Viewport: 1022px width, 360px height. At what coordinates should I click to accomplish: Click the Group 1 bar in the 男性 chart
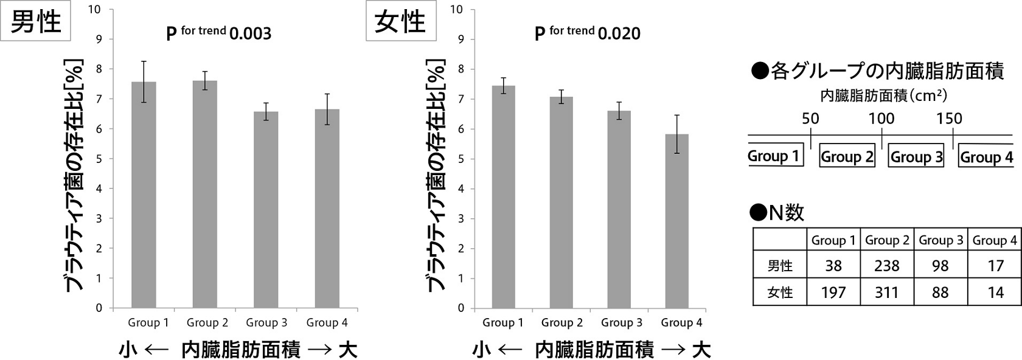pos(144,195)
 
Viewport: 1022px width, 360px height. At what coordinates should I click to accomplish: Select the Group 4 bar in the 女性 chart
pos(676,221)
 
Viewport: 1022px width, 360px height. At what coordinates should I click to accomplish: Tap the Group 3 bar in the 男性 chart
pos(266,210)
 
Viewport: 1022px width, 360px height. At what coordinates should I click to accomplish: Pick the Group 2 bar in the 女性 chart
pos(561,202)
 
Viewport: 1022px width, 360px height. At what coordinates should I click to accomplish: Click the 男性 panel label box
pos(35,21)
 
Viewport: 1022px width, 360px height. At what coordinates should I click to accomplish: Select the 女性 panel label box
pos(400,21)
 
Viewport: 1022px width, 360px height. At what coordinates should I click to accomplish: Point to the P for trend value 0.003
pos(251,34)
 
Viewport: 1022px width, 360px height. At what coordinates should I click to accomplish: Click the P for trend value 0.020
pos(619,34)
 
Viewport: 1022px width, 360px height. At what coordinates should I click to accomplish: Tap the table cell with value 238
pos(887,265)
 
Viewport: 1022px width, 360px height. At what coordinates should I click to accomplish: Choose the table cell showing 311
pos(887,291)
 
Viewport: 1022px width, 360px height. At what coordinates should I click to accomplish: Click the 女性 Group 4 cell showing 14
pos(995,291)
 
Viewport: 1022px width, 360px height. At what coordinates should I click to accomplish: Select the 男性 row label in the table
pos(780,265)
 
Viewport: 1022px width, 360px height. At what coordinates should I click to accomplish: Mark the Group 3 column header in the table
pos(940,240)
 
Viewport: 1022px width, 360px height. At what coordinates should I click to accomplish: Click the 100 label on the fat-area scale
pos(881,119)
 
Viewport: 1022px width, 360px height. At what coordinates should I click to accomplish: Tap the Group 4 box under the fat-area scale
pos(986,156)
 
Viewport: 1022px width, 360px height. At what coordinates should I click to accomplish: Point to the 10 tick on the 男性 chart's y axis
pos(96,9)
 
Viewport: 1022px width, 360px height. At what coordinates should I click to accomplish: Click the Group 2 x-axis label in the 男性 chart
pos(207,322)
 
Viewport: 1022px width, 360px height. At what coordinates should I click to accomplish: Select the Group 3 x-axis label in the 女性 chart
pos(622,322)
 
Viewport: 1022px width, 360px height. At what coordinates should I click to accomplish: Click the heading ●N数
pos(777,213)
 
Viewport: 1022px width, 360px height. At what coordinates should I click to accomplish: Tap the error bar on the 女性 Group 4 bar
pos(676,134)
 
